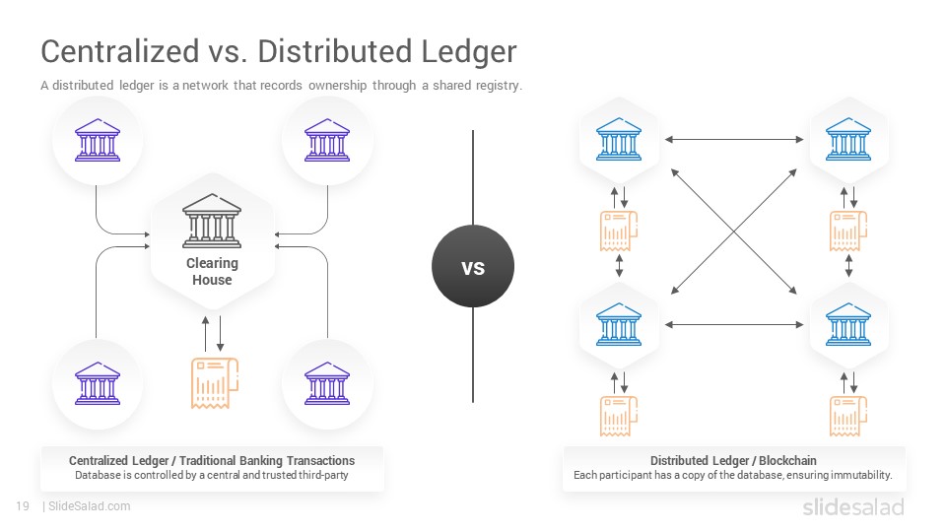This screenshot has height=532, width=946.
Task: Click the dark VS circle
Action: (x=473, y=266)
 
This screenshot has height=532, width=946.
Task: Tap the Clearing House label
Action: (x=212, y=272)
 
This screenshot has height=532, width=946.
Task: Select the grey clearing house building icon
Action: (x=212, y=221)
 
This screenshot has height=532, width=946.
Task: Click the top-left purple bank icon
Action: (x=98, y=140)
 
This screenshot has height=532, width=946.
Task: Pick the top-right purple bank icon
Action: (x=327, y=140)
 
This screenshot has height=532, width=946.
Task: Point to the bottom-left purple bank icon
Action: (x=98, y=383)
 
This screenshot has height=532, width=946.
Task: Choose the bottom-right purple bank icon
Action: (x=327, y=383)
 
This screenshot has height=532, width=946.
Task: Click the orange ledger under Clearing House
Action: (x=215, y=383)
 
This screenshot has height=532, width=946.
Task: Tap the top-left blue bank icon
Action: (x=619, y=139)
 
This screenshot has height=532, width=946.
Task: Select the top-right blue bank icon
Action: (x=848, y=139)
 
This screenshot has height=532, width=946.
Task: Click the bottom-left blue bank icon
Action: (x=619, y=324)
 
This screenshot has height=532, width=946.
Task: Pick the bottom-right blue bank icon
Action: (x=848, y=324)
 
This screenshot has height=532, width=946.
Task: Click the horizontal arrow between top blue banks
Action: (x=734, y=139)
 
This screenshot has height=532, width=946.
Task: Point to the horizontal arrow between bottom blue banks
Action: (x=734, y=324)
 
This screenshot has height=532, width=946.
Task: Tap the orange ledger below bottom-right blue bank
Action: (x=848, y=416)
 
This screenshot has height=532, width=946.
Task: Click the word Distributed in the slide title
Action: (x=334, y=50)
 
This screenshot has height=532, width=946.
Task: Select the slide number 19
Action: (x=23, y=506)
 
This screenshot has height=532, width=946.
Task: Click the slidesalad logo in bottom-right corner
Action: (x=853, y=506)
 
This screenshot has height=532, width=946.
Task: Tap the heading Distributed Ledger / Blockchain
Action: (x=733, y=460)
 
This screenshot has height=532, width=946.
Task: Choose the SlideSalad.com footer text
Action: (x=90, y=506)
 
